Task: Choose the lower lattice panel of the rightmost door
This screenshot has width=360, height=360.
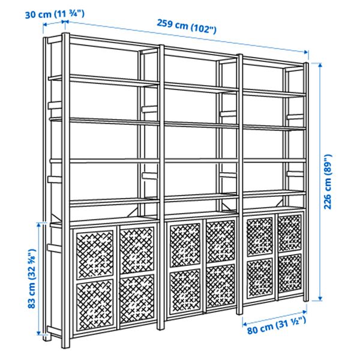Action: pos(289,273)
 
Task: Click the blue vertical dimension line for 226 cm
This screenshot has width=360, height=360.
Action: pos(321,180)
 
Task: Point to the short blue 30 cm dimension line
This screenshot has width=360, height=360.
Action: pos(55,23)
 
